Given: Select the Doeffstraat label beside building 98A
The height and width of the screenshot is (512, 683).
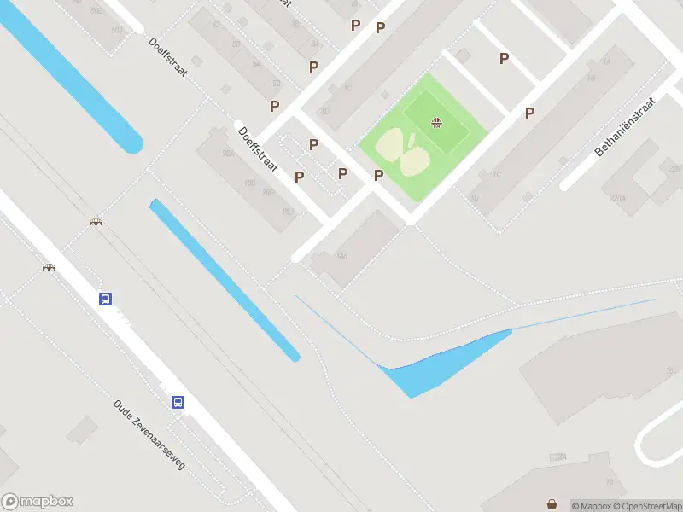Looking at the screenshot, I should [x=258, y=150].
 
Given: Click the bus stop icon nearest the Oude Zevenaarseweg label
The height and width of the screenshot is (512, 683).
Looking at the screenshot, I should [x=178, y=402].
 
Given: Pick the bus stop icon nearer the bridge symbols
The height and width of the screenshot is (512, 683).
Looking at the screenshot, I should [x=104, y=299].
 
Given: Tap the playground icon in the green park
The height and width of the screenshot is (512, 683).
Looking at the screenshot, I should [x=437, y=124].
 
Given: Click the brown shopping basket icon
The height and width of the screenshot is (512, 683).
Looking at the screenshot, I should [x=552, y=504].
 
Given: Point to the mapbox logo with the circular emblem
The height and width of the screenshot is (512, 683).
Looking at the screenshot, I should [x=38, y=502].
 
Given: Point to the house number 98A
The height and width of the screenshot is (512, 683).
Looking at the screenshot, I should [x=228, y=153].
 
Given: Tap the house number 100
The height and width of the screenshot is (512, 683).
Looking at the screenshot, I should [x=249, y=183].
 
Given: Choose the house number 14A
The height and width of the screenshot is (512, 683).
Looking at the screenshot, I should [x=342, y=255].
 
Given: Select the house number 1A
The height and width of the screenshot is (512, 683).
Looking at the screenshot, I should [x=607, y=62].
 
